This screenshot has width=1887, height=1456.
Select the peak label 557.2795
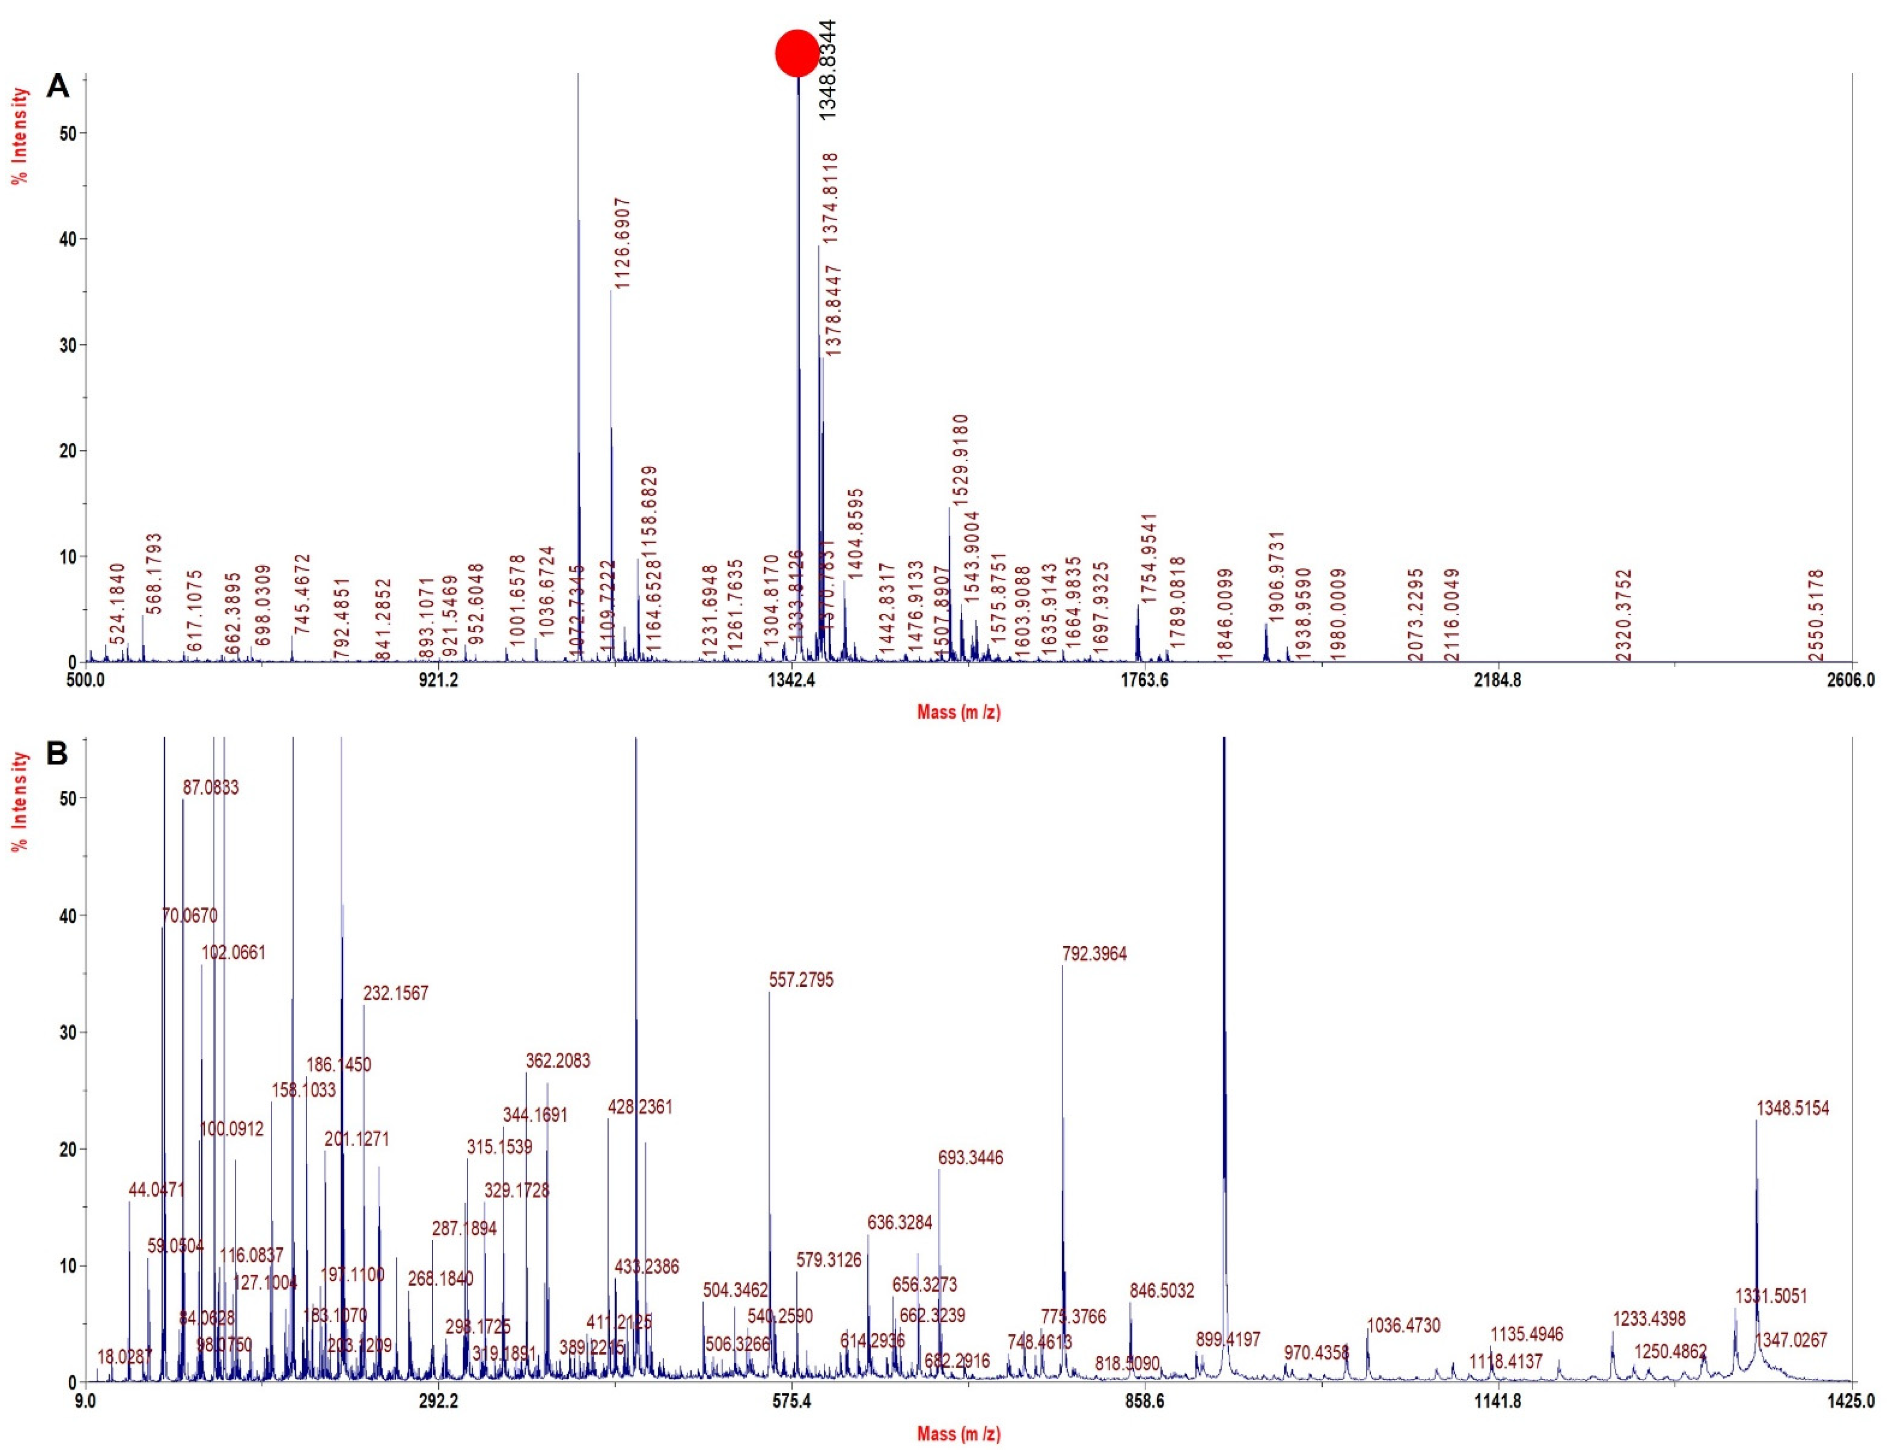click(x=801, y=981)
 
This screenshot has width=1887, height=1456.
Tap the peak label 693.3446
click(x=970, y=1158)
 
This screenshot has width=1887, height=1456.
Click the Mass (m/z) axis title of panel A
click(x=958, y=713)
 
